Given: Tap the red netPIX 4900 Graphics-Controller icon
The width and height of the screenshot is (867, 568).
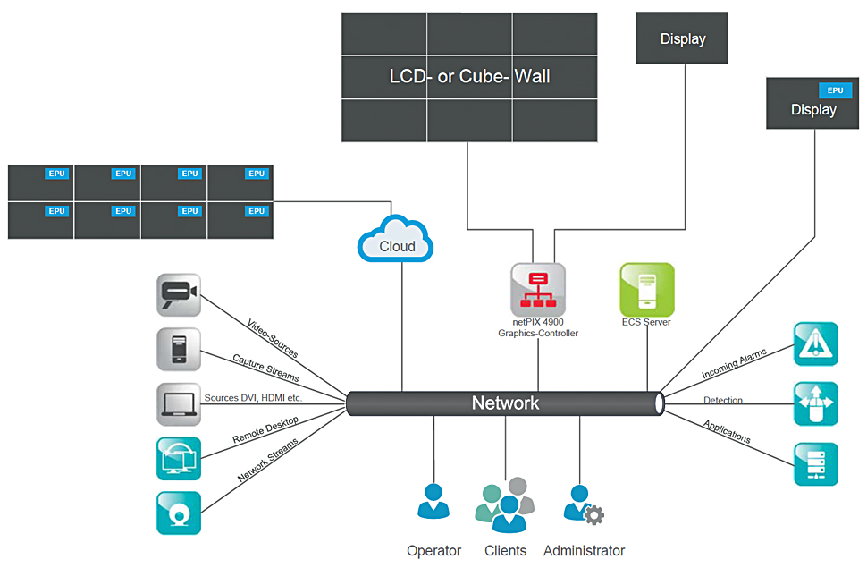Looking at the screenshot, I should [x=538, y=289].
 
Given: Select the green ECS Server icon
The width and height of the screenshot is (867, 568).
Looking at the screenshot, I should [x=646, y=289].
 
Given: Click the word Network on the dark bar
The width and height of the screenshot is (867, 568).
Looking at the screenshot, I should [x=505, y=403].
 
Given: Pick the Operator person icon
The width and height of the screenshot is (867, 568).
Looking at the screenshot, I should [x=433, y=502].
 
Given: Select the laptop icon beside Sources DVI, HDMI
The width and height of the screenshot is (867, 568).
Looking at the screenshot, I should [x=178, y=404].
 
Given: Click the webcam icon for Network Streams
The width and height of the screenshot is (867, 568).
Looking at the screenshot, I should [x=178, y=513].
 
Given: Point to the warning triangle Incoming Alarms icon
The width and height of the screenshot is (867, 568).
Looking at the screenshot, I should [x=815, y=344].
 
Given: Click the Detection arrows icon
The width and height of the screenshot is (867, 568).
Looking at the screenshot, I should [x=815, y=404].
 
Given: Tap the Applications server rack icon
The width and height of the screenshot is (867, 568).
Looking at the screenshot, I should [x=815, y=464].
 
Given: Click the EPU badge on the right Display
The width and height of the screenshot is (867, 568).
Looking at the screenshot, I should [x=835, y=90].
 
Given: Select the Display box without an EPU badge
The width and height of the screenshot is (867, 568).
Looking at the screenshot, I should [x=682, y=38].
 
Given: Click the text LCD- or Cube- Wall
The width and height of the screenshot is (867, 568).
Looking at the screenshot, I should [x=469, y=76].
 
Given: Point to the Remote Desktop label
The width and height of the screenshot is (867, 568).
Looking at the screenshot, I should [x=265, y=430].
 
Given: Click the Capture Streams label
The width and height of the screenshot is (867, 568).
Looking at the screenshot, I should [x=265, y=368].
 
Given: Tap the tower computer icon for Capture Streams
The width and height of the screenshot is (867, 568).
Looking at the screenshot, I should [x=178, y=350].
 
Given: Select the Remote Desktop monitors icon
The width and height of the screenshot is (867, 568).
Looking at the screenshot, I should [x=178, y=459].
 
